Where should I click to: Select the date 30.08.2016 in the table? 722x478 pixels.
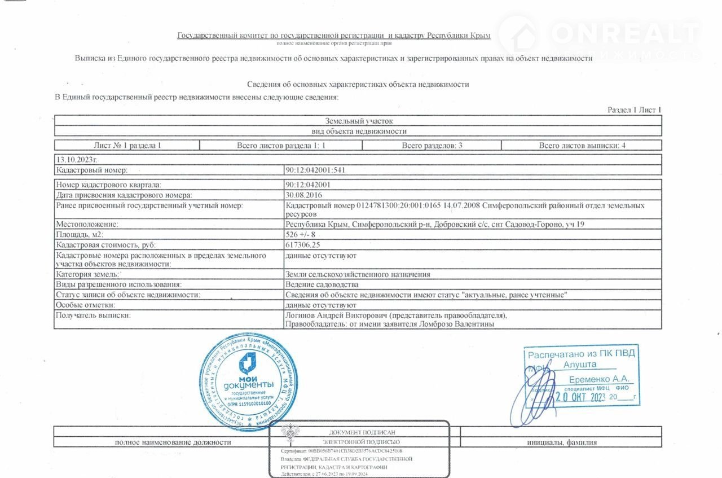pyautogui.click(x=303, y=194)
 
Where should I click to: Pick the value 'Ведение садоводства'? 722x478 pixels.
pyautogui.click(x=322, y=284)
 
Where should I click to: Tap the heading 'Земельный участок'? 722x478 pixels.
pyautogui.click(x=358, y=121)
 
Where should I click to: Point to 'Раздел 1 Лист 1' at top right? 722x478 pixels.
pyautogui.click(x=634, y=110)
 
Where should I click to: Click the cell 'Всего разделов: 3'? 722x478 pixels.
pyautogui.click(x=432, y=145)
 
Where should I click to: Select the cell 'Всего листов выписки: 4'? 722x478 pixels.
pyautogui.click(x=582, y=145)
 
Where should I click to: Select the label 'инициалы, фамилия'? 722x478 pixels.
pyautogui.click(x=561, y=442)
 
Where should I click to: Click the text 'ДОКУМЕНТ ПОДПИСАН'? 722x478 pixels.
pyautogui.click(x=358, y=432)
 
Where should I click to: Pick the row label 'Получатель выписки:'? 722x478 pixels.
pyautogui.click(x=93, y=315)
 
